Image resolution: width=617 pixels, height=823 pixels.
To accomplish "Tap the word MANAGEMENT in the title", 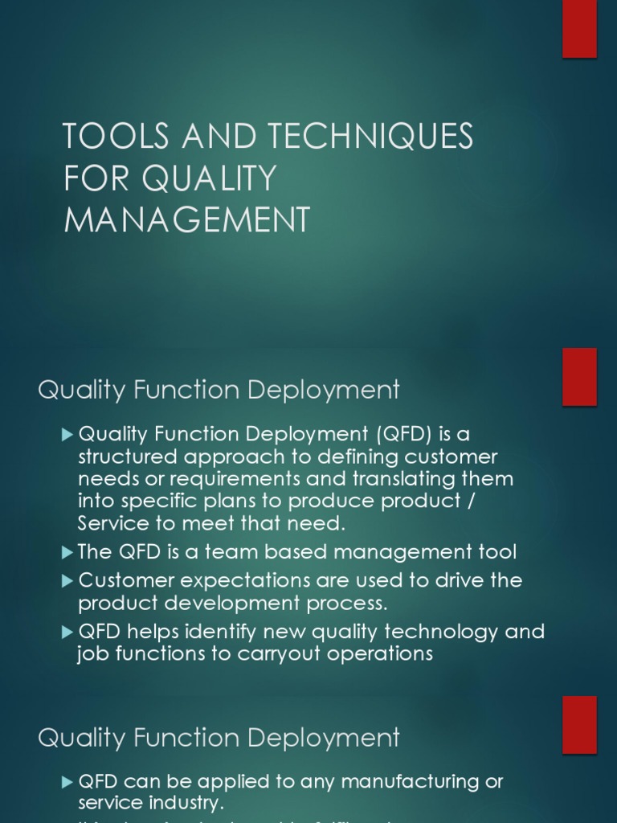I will (187, 219).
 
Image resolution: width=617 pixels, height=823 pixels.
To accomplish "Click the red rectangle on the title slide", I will (579, 29).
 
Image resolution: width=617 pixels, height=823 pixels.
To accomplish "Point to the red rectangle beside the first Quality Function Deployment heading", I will (579, 377).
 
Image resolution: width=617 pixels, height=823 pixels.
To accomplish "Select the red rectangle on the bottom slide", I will (579, 724).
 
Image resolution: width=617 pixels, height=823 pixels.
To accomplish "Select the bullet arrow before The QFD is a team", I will (67, 552).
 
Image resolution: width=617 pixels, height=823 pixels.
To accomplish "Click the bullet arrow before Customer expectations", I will (67, 580).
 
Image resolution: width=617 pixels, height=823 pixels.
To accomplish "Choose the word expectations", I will (255, 580).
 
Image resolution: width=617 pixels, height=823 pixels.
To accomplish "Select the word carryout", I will (280, 653).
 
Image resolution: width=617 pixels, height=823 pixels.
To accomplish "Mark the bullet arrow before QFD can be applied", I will (67, 781).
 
